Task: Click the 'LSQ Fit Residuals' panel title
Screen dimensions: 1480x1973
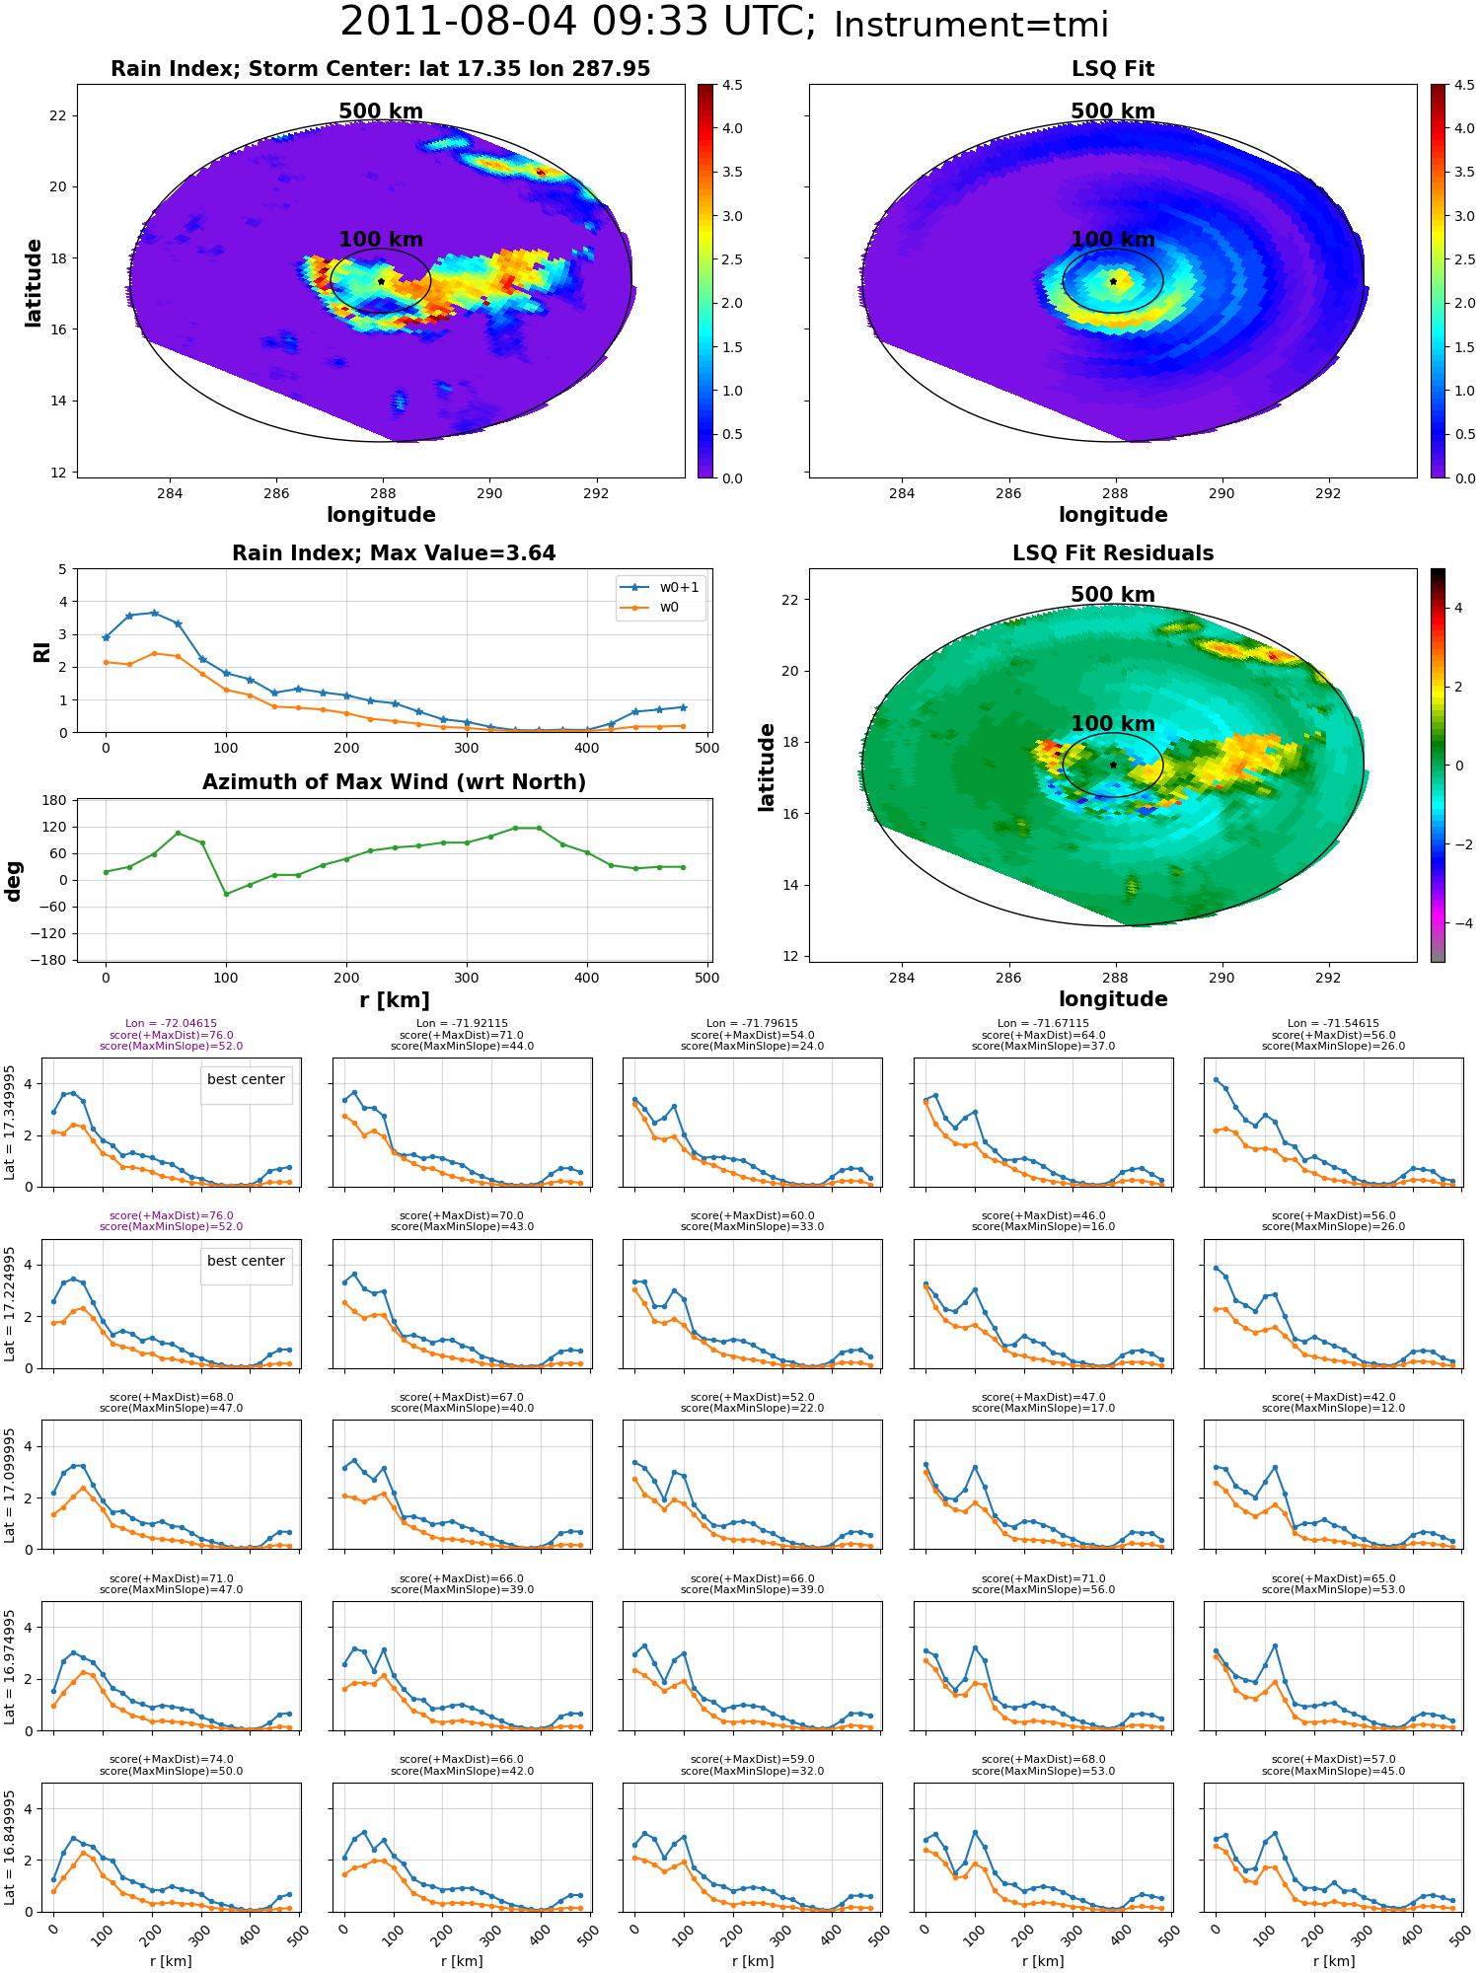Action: (x=1113, y=553)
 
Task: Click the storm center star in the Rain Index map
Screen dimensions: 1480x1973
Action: (x=381, y=281)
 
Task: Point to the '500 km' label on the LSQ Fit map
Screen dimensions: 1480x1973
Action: (x=1113, y=111)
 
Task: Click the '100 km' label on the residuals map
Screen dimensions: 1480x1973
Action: (x=1113, y=724)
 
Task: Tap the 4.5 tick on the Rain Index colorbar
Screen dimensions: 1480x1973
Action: (x=732, y=85)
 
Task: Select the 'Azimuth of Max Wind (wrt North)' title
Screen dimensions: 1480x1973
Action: (x=395, y=782)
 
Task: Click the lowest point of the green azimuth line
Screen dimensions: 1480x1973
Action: (x=226, y=894)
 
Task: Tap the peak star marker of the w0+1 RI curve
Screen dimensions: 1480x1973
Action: (x=154, y=613)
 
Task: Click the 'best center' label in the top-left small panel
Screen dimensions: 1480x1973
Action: (x=246, y=1079)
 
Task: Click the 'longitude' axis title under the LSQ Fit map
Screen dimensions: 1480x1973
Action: (x=1113, y=515)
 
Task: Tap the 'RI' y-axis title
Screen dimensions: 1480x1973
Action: (x=41, y=651)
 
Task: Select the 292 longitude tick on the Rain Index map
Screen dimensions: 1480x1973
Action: (x=596, y=493)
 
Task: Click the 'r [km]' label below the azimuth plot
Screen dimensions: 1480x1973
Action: (x=395, y=1000)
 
